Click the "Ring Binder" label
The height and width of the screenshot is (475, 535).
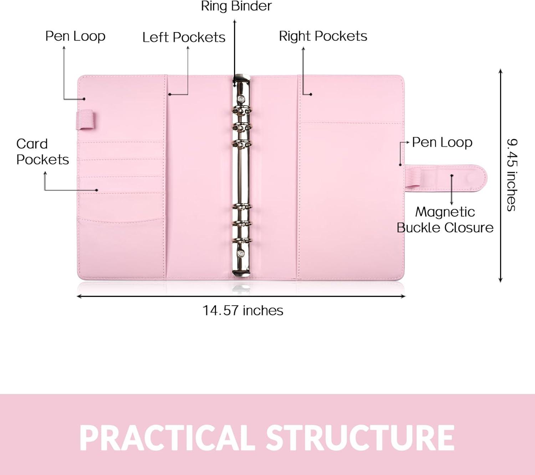click(236, 6)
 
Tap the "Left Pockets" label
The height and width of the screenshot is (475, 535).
click(184, 37)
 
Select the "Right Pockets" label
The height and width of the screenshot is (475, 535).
click(323, 36)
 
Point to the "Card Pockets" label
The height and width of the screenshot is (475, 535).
click(42, 152)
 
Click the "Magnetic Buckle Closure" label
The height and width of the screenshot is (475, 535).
click(445, 220)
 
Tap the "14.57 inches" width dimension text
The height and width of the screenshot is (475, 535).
click(243, 310)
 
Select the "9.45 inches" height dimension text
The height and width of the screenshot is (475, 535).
click(512, 175)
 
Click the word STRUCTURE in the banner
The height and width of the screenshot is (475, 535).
click(360, 438)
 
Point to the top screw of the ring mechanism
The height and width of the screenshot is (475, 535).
click(241, 99)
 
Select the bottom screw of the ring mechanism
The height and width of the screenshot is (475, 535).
click(241, 253)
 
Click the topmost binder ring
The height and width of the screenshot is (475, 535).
click(241, 110)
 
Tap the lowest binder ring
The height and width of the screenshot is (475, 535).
click(241, 241)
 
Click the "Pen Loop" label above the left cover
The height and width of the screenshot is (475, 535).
click(75, 36)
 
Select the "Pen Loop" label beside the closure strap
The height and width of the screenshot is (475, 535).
click(442, 142)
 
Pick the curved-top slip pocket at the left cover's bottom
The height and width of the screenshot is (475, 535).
click(122, 248)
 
